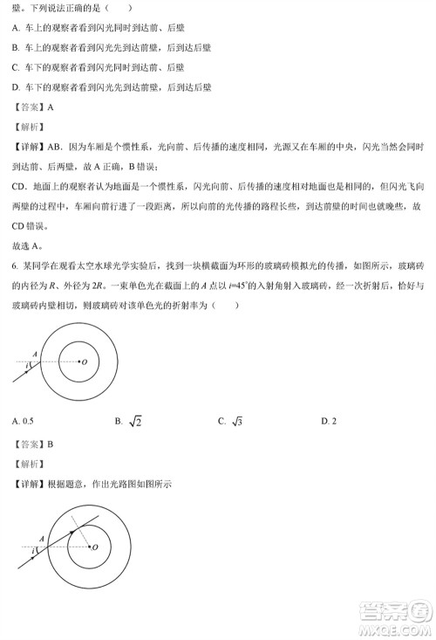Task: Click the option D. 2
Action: (x=328, y=421)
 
